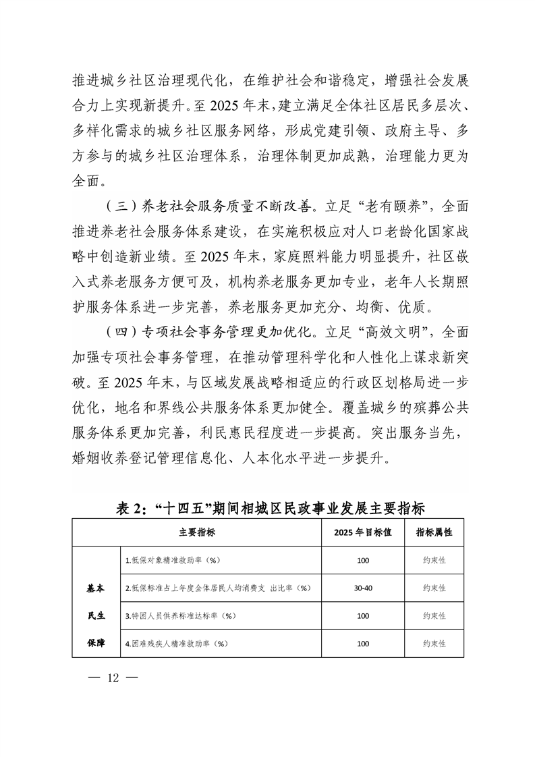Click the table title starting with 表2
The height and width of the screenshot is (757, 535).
coord(267,508)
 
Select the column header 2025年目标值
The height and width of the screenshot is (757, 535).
coord(362,532)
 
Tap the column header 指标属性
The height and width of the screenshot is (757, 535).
coord(434,532)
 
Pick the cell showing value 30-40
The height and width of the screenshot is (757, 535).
coord(362,588)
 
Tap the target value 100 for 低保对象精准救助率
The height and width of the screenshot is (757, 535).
coord(362,560)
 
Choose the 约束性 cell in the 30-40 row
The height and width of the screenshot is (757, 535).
coord(434,588)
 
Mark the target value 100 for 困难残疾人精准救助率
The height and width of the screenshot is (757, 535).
coord(362,644)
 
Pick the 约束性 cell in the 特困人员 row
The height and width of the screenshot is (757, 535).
coord(434,616)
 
